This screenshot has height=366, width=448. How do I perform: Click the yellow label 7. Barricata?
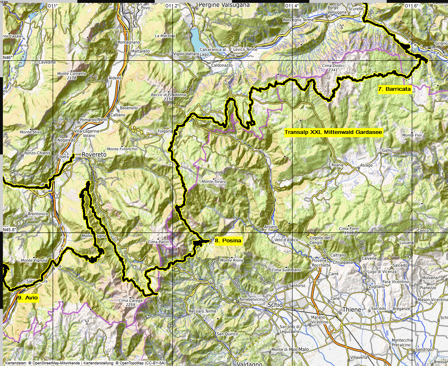coord(395,89)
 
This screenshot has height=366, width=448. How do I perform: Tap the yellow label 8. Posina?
coord(227,241)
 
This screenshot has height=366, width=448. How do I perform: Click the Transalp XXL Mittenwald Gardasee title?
coord(334,132)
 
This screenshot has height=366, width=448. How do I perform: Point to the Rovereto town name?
coord(94,154)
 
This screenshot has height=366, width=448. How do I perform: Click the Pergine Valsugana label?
coord(224,5)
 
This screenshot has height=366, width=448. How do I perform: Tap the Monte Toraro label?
coord(214,182)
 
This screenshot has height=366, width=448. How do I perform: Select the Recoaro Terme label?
coord(202,311)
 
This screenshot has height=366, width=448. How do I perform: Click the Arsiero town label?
coord(271,227)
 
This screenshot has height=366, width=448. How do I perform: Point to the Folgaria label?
coord(165,131)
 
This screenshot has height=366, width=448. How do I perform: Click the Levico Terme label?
coord(245,49)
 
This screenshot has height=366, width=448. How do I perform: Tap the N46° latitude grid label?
coord(7,58)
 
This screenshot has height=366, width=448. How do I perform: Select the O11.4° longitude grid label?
coord(292,6)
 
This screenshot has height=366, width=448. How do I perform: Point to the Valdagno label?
coord(249,363)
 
